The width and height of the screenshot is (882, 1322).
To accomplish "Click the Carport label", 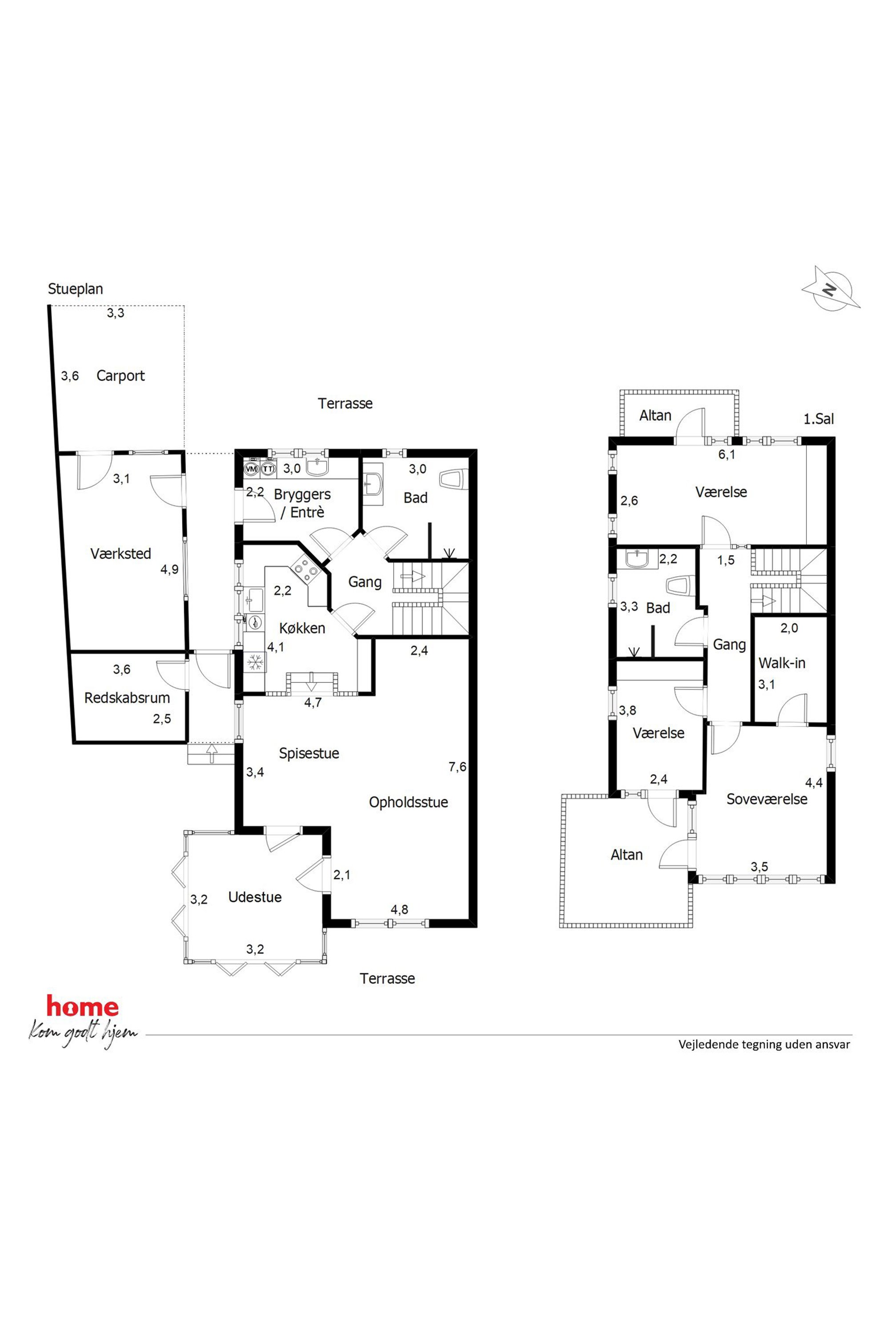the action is (120, 376).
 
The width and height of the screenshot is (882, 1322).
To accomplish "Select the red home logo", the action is (82, 1007).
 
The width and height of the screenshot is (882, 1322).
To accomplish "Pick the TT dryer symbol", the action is (269, 468).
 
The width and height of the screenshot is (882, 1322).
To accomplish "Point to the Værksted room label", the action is (121, 553).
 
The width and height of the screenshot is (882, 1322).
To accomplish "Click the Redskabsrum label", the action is (127, 698).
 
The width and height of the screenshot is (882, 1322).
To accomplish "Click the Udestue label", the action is (255, 897).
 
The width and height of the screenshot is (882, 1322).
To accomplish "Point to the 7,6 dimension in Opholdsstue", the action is (457, 767).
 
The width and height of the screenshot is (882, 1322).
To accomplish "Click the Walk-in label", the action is (782, 663).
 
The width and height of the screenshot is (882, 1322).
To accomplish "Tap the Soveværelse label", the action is (767, 799).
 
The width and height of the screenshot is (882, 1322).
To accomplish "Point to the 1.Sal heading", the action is (818, 419).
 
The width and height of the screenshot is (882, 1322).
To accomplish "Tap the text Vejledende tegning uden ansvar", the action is (764, 1044).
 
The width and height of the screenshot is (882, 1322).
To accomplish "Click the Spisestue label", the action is (309, 754).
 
